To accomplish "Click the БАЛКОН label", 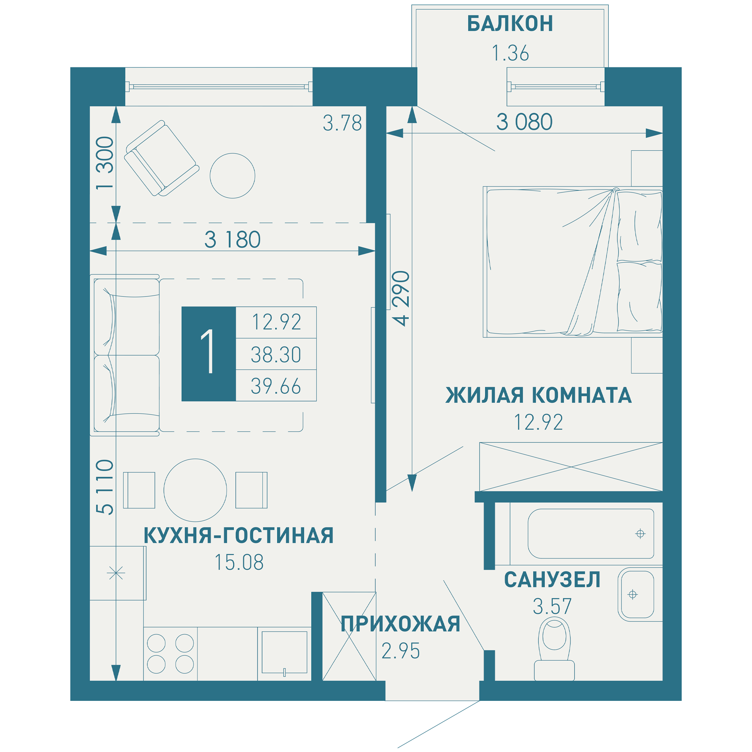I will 510,24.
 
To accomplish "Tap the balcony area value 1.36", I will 510,53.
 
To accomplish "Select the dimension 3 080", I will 524,122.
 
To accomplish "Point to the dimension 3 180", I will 232,240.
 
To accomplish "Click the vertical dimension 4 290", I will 401,298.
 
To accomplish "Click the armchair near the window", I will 162,158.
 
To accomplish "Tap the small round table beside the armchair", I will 232,176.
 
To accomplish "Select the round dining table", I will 195,490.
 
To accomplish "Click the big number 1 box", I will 209,354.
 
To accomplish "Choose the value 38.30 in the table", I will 276,355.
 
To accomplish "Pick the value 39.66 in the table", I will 276,386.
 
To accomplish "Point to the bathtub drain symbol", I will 640,534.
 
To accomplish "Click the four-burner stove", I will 170,654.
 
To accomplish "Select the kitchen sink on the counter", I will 284,652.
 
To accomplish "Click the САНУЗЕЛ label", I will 552,580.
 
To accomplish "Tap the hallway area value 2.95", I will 400,651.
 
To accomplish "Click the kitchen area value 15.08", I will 239,562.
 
